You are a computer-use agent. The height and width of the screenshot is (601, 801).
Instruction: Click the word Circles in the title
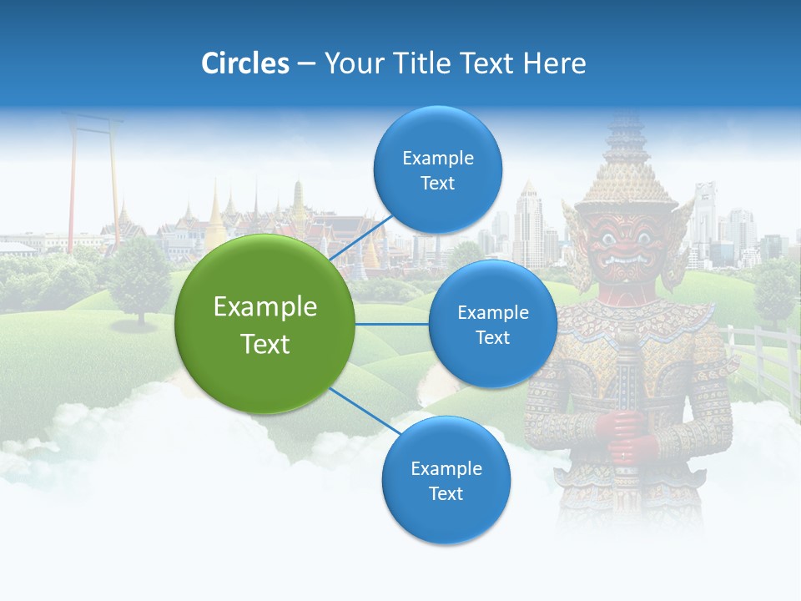coord(244,63)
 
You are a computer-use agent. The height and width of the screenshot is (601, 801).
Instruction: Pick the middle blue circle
coord(492,324)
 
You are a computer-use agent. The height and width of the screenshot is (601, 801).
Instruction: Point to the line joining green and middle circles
coord(392,324)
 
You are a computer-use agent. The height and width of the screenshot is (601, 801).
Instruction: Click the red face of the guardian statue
coord(627,242)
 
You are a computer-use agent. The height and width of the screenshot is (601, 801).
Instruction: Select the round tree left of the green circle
coord(139,275)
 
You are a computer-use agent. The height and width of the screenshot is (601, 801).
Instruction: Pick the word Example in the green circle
coord(265,307)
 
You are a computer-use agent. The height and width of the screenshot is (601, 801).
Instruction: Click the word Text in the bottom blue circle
coord(446,493)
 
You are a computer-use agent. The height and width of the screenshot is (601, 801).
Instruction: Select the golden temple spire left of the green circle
coord(215,213)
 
